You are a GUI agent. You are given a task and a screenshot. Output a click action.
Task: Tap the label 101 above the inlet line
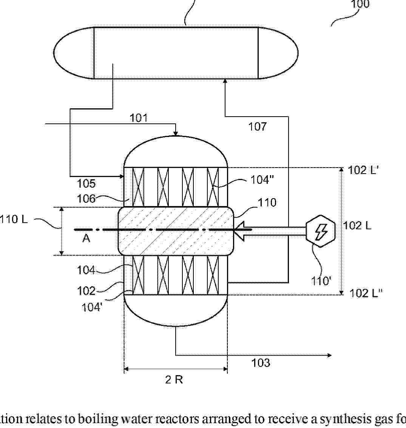[138, 118]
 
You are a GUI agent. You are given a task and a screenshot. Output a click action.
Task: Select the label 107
[257, 127]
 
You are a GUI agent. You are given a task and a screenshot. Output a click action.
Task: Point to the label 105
[86, 183]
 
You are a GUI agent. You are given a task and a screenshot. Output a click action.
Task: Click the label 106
[86, 199]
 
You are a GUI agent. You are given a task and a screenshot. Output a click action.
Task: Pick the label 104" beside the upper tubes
[262, 180]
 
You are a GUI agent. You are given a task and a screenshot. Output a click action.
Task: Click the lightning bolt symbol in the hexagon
[321, 231]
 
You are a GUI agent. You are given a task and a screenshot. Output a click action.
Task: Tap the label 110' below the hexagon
[321, 280]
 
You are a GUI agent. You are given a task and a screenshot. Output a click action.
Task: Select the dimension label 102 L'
[363, 170]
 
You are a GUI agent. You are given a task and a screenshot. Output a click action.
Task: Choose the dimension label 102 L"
[366, 293]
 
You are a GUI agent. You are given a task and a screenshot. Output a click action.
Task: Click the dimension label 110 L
[14, 219]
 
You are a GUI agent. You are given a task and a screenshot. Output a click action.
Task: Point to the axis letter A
[86, 238]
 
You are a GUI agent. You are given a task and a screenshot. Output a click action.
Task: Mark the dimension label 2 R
[174, 379]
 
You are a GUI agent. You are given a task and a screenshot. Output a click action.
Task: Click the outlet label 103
[261, 363]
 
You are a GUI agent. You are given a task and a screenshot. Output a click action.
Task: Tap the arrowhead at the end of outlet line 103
[329, 355]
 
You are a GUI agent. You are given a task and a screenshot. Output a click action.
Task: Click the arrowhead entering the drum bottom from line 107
[225, 81]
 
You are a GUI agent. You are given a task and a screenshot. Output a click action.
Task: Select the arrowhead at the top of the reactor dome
[176, 134]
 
